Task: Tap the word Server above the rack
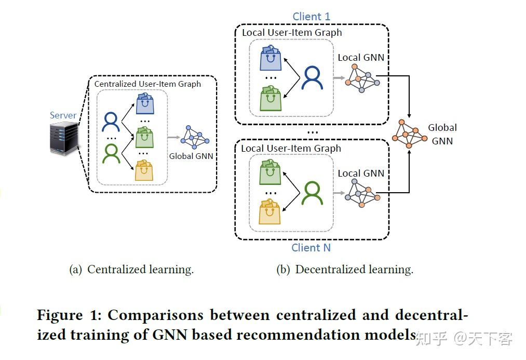pos(63,115)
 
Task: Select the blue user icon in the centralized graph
pos(111,122)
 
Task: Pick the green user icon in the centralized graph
pos(111,153)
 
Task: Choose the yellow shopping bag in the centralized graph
pos(144,170)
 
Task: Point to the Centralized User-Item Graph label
pos(147,84)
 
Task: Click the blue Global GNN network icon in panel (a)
pos(194,137)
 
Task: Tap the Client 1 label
pos(311,17)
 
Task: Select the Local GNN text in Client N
pos(361,173)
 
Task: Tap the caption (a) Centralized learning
pos(131,270)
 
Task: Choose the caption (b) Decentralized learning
pos(345,270)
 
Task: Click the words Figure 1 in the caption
pos(68,315)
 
